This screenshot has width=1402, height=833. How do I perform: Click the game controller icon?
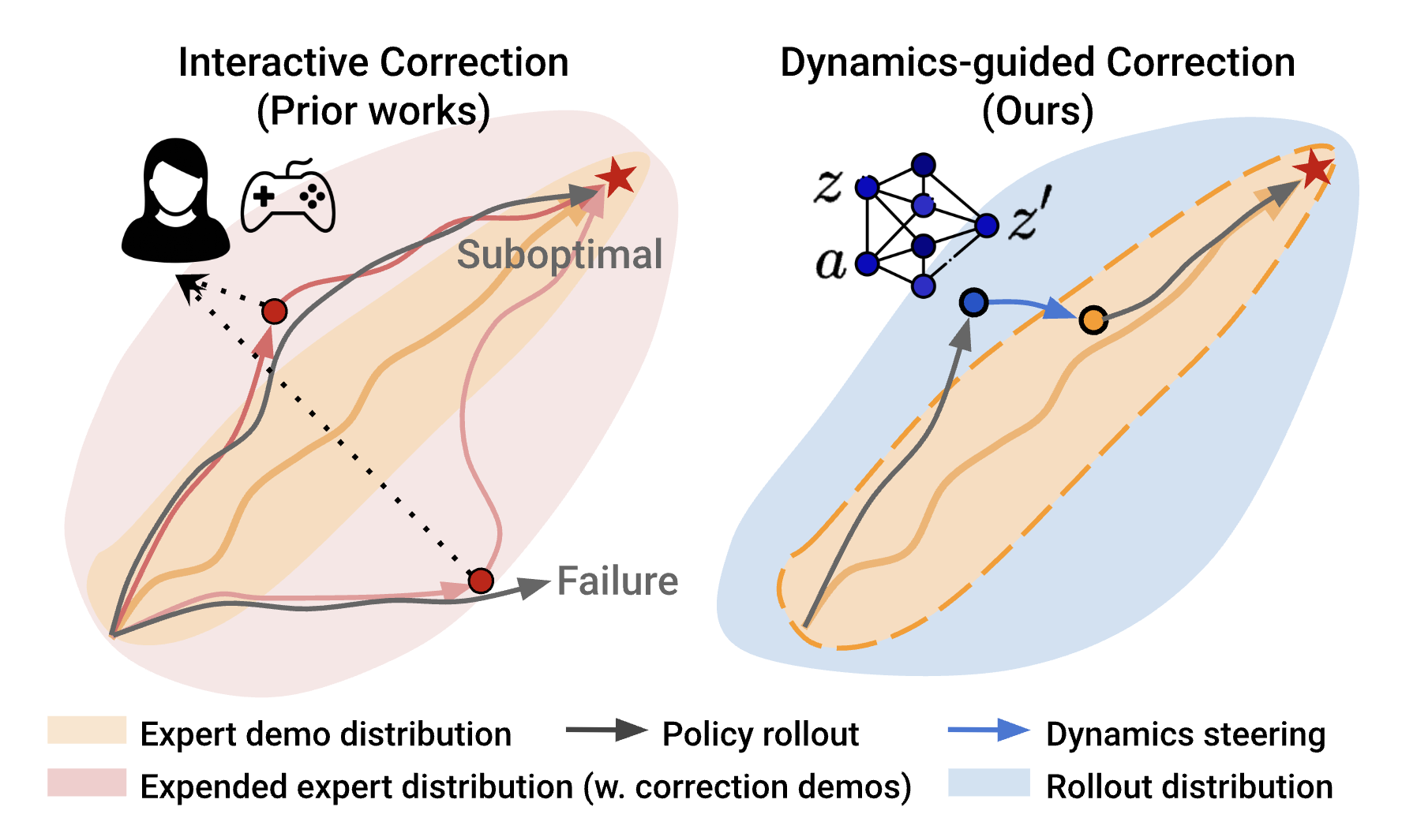click(288, 197)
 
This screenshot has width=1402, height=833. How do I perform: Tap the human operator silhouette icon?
click(175, 201)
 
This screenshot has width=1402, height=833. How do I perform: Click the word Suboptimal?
click(559, 254)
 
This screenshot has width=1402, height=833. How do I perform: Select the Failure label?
click(617, 581)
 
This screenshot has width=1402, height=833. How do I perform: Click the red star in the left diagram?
click(617, 176)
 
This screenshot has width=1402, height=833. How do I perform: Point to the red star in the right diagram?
click(1314, 168)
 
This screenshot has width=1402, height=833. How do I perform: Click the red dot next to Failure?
click(481, 581)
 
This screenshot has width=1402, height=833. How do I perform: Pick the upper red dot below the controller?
click(274, 312)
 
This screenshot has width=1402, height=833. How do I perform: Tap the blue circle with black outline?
click(974, 302)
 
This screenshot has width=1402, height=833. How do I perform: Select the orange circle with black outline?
click(1093, 319)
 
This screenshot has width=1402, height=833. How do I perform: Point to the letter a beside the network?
click(830, 263)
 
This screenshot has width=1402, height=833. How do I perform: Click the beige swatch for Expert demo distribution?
click(87, 730)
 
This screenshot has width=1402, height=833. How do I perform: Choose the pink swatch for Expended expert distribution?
click(87, 783)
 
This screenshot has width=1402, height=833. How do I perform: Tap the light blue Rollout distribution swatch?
click(988, 783)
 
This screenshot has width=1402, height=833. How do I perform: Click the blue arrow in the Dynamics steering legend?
click(988, 730)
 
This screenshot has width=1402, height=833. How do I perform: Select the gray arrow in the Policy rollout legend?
click(606, 730)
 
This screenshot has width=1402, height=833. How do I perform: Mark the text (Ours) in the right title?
click(1037, 110)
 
